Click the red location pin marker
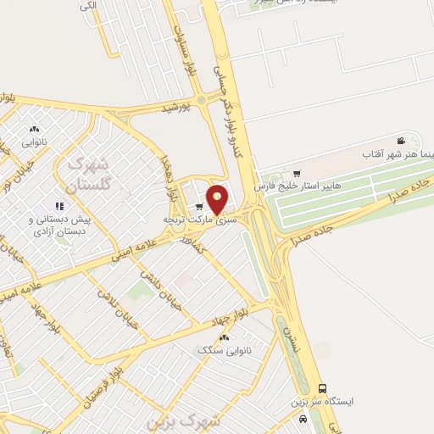pyautogui.click(x=218, y=199)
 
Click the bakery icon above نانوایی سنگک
pyautogui.click(x=225, y=336)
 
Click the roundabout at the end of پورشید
pyautogui.click(x=202, y=100)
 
